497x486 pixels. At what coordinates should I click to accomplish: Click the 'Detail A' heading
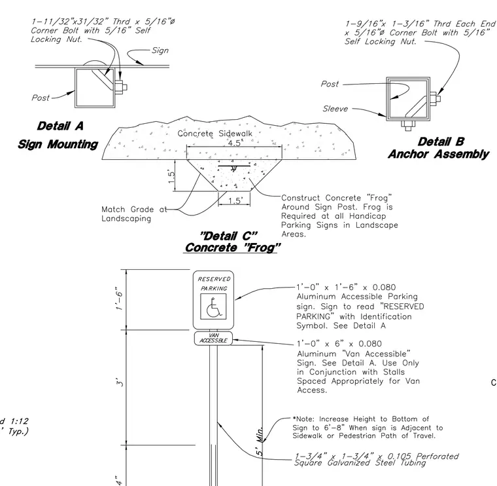tap(60, 126)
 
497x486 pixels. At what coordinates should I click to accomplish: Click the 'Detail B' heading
tap(441, 141)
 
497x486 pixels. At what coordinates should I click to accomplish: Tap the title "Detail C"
tap(228, 236)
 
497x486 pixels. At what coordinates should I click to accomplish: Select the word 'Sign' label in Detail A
tap(160, 50)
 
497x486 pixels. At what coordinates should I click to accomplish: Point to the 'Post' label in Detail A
tap(41, 98)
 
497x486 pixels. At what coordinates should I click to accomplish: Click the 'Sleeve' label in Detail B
tap(335, 109)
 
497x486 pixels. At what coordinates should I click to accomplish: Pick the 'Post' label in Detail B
tap(330, 84)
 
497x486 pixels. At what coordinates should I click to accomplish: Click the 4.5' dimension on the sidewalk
tap(235, 143)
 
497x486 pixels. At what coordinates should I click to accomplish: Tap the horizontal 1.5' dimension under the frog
tap(235, 200)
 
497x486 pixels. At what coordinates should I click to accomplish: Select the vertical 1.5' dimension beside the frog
tap(171, 177)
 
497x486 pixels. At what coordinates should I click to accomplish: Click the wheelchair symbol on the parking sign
tap(213, 307)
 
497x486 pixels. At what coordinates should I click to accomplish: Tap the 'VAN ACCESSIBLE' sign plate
tap(213, 339)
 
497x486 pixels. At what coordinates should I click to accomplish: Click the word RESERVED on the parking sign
tap(214, 279)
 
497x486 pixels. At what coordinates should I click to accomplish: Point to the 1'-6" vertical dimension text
tap(119, 298)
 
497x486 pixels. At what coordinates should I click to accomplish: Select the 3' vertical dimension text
tap(120, 382)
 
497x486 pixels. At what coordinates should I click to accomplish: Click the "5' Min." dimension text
tap(260, 441)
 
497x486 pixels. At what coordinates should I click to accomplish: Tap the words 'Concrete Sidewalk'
tap(214, 134)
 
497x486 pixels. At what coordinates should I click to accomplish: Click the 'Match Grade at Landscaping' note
tap(134, 214)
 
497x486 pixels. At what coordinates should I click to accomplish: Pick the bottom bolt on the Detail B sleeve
tap(407, 124)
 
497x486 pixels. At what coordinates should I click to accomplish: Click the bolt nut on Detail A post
tap(120, 86)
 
